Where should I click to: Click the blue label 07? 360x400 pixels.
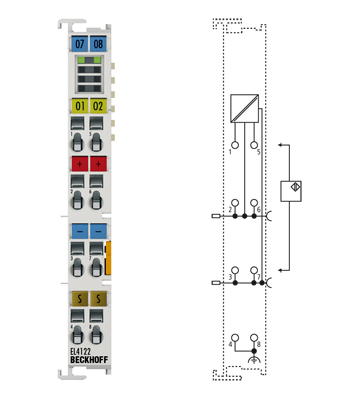[x=79, y=45]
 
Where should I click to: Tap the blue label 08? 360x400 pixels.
[x=98, y=45]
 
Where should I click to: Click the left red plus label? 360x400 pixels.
[x=79, y=164]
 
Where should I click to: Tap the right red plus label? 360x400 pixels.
[x=98, y=164]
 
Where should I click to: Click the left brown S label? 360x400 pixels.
[x=79, y=299]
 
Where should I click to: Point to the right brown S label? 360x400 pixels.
[x=98, y=299]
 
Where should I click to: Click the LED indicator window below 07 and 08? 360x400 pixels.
[x=89, y=74]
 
